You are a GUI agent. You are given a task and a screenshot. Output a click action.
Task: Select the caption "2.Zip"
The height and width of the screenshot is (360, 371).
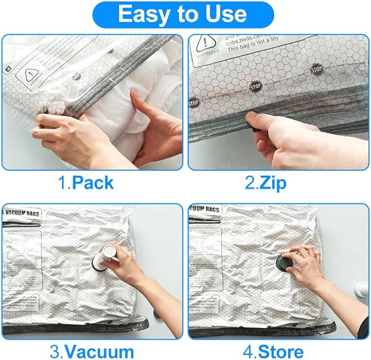(x=266, y=183)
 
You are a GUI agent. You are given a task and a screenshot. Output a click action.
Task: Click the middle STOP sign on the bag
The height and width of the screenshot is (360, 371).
(x=255, y=86)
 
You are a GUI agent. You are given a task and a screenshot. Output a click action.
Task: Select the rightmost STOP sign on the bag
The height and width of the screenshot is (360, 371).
(x=316, y=69)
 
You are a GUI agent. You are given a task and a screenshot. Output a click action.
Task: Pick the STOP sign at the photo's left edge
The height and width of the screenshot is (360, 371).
(x=194, y=103)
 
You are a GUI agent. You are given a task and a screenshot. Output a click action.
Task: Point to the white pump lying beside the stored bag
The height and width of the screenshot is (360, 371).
(x=362, y=289)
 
